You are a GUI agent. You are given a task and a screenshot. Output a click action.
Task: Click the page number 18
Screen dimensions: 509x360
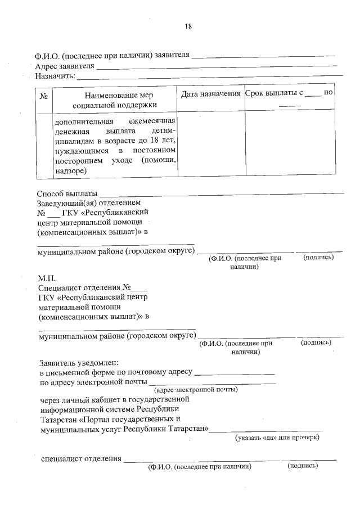188,26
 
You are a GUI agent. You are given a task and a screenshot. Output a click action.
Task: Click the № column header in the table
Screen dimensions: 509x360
44,96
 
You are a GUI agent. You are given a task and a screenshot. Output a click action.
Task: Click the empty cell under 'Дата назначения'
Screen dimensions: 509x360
210,143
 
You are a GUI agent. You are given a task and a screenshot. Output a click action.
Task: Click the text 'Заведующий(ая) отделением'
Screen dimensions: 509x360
88,202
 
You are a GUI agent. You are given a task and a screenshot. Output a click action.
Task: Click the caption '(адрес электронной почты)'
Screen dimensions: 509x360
196,389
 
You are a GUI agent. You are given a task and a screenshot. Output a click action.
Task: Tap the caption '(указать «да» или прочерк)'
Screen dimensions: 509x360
277,438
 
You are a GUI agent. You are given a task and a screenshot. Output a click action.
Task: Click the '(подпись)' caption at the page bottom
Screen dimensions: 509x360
303,466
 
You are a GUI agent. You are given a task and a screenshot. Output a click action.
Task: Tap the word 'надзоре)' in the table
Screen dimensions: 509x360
70,171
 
